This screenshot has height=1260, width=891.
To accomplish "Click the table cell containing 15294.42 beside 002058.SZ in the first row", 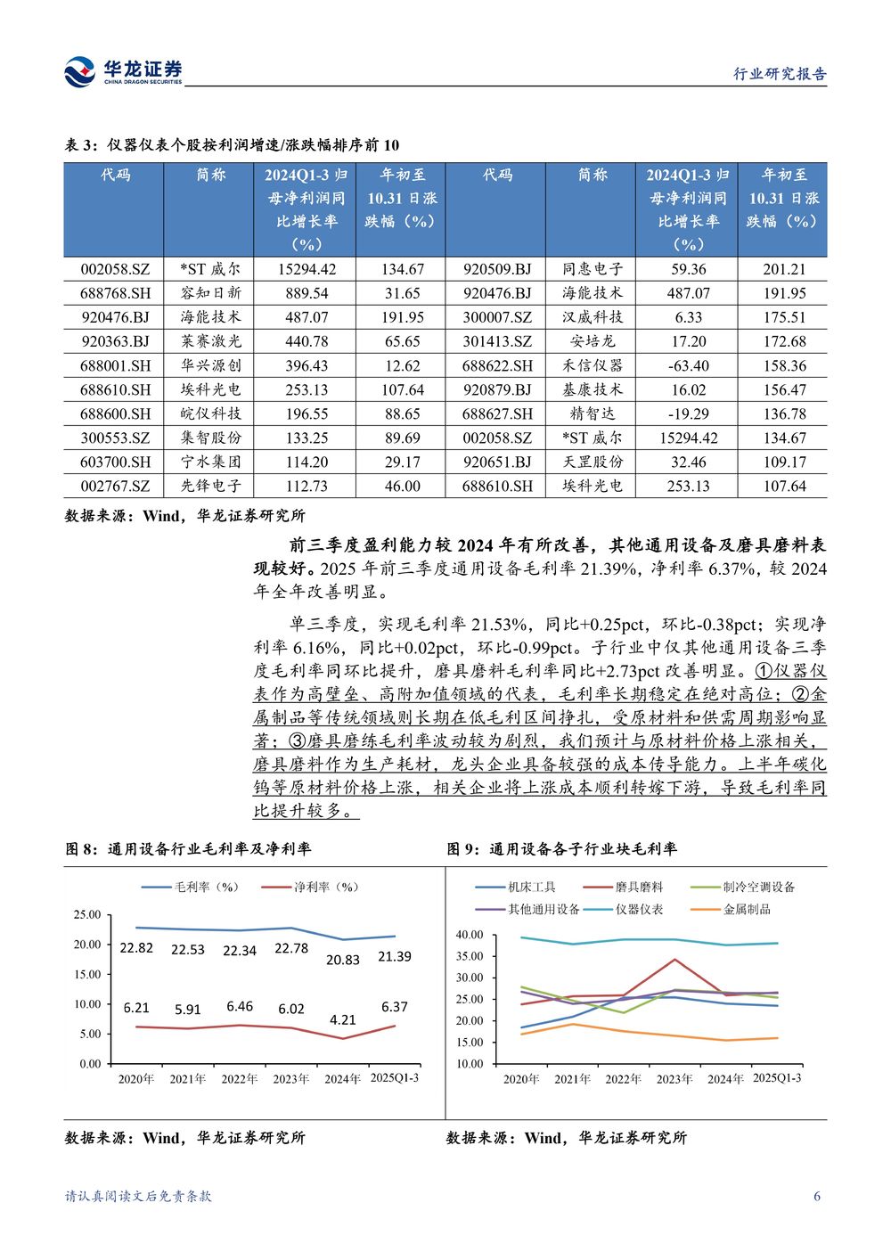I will [x=307, y=268].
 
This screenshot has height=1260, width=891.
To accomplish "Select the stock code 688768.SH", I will [x=115, y=292].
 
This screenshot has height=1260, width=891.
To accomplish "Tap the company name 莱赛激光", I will [x=210, y=340].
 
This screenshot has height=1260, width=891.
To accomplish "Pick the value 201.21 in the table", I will [x=783, y=268].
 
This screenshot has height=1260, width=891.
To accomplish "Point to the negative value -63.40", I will [x=688, y=365].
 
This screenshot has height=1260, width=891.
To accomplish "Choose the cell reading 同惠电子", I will [x=593, y=268].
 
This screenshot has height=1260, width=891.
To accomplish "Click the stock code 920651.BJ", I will [x=497, y=462].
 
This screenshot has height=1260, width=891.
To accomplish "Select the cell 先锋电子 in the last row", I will [x=210, y=486].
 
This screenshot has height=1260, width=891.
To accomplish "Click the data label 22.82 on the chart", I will [x=136, y=948].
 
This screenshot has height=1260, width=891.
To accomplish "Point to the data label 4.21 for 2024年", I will [x=343, y=1019].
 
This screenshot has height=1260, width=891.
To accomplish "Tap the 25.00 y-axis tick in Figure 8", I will [x=87, y=914].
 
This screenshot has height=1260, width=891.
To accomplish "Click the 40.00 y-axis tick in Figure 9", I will [x=469, y=935].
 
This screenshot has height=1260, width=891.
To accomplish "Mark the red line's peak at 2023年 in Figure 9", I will [x=674, y=960].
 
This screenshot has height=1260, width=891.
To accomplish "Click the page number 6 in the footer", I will [x=817, y=1196].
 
